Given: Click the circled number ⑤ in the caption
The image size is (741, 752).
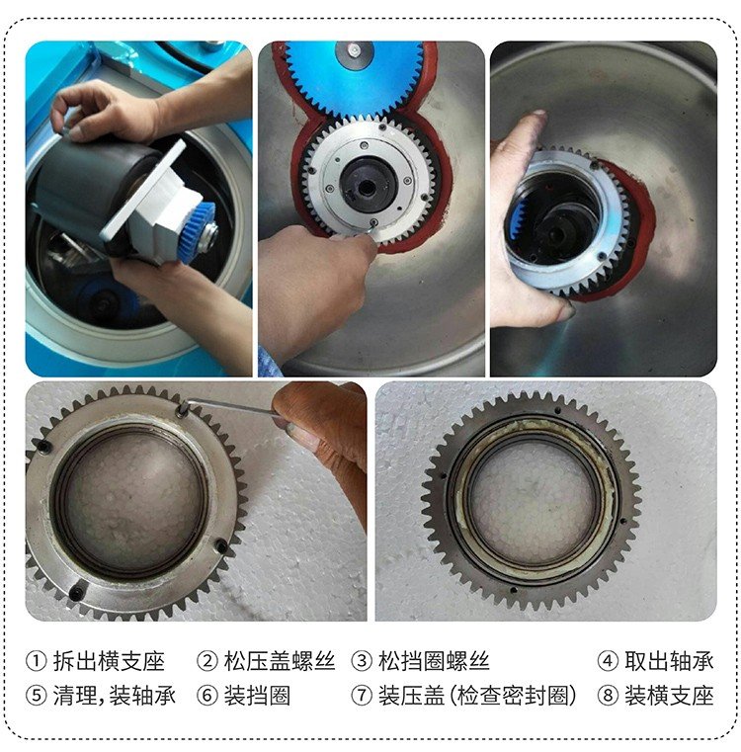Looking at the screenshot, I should tap(36, 696).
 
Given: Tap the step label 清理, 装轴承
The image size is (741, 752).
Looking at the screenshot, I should tap(113, 696).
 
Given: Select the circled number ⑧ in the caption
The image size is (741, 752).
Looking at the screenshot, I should tap(608, 696).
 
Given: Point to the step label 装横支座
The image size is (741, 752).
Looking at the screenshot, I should tap(668, 696).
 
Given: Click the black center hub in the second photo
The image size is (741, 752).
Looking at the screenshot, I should tap(370, 184).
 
